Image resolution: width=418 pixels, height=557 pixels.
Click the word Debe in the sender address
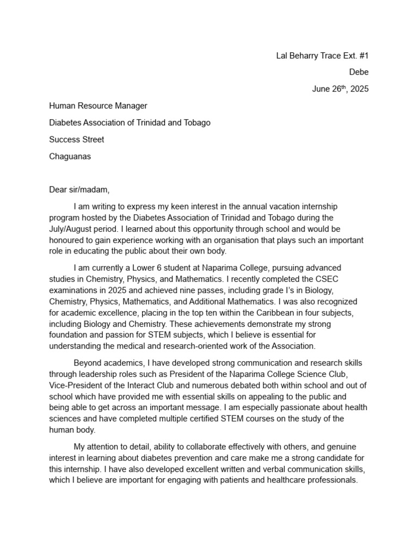pos(359,72)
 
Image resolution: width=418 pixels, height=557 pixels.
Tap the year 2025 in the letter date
pos(359,89)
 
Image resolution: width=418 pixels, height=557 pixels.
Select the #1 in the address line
pos(363,55)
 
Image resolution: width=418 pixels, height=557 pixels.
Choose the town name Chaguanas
pos(70,156)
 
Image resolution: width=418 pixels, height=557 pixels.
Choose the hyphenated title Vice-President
pos(77,385)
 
